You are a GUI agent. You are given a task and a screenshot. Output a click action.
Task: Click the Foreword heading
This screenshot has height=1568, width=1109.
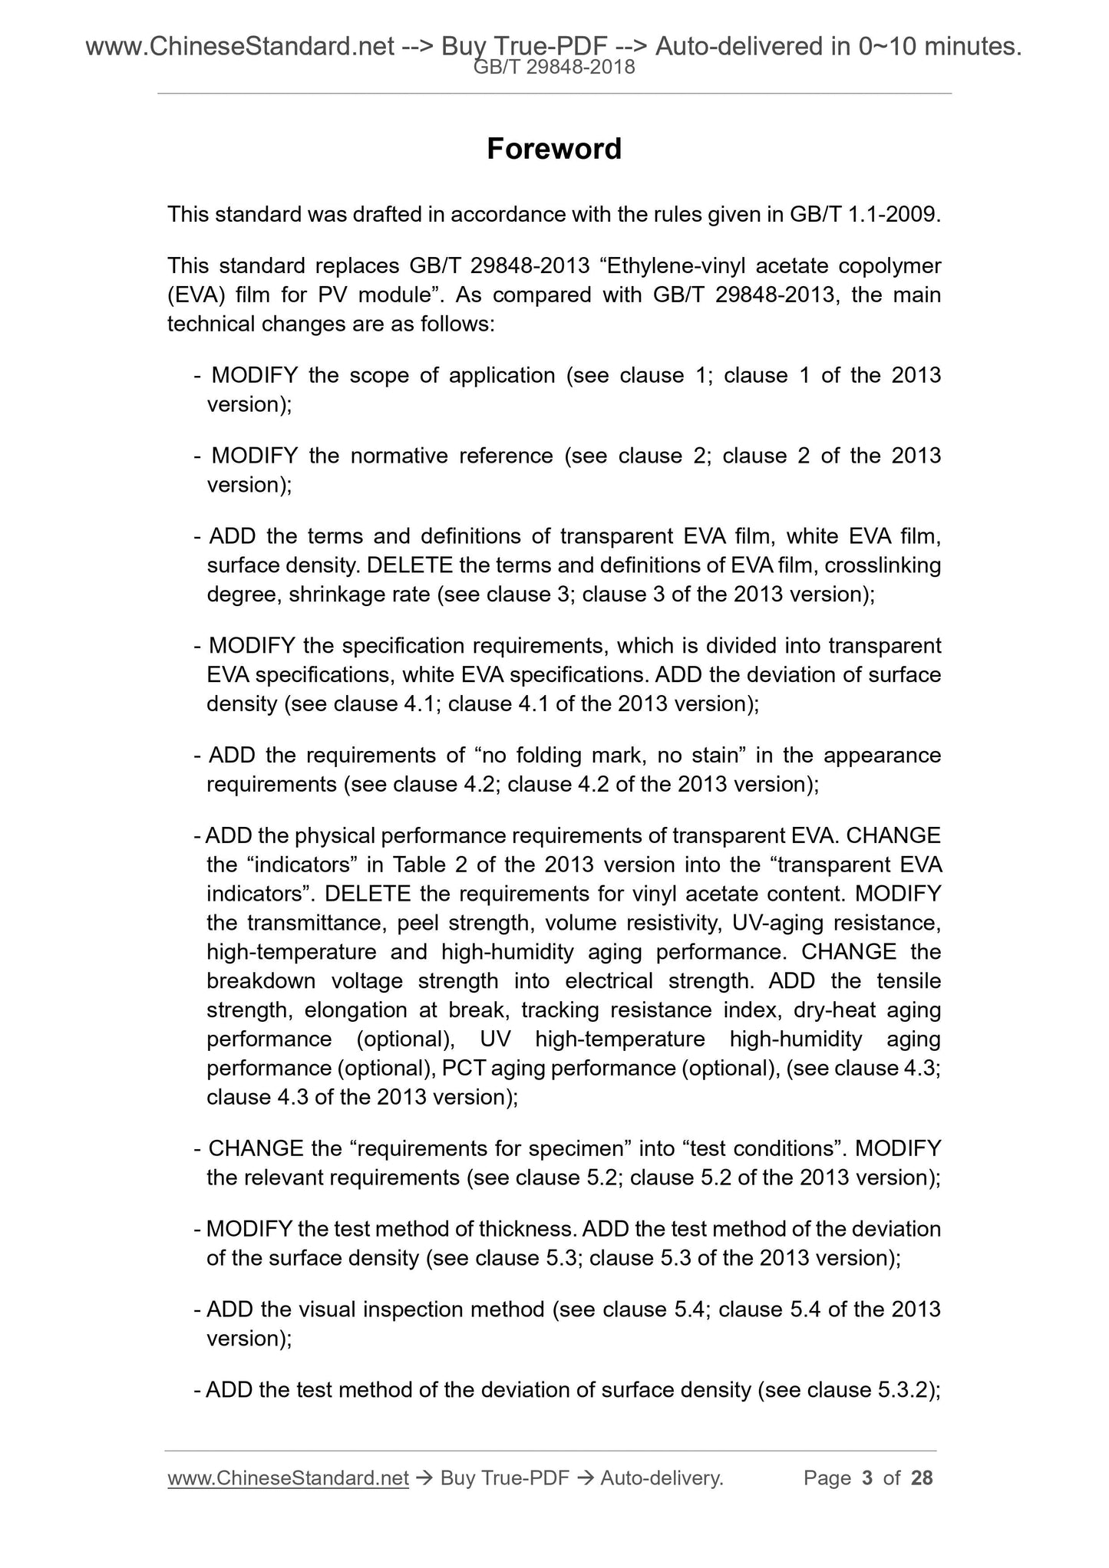point(553,149)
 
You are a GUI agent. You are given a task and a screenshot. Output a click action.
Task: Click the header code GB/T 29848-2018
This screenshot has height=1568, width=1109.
point(554,68)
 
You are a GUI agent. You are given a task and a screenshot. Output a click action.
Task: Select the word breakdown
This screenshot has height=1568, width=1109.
point(261,981)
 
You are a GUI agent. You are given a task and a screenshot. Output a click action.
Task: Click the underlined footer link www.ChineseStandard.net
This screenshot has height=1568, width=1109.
point(287,1478)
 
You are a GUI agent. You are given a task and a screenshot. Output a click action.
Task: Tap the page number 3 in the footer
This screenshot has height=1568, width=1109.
point(867,1478)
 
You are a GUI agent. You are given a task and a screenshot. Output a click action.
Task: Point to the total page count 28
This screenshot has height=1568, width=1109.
point(921,1478)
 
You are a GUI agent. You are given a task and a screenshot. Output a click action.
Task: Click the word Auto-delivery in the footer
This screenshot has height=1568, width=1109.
point(662,1478)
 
